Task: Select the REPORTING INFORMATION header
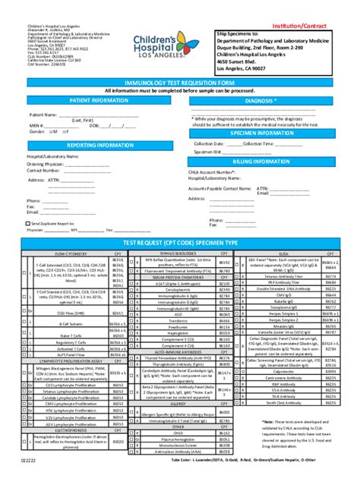click(x=99, y=143)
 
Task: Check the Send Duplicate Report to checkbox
click(x=28, y=224)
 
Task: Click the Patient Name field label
click(x=42, y=115)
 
